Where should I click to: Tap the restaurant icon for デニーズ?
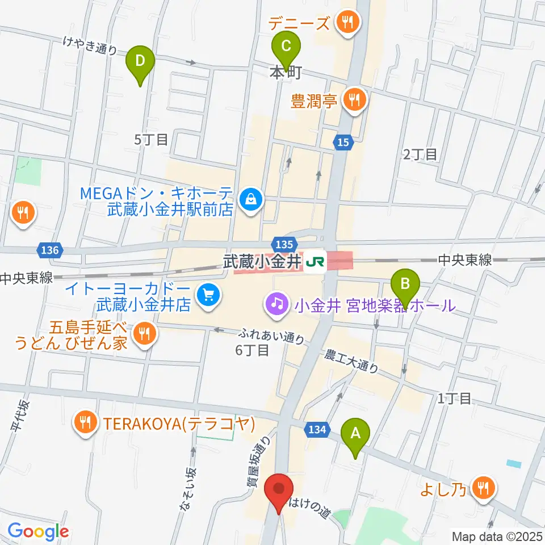coord(346,23)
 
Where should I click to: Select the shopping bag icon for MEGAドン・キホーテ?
coord(249,199)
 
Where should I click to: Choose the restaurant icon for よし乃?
coord(484,487)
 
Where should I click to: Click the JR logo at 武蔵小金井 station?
coord(315,262)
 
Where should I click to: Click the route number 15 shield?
coord(342,143)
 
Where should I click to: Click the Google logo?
coord(38,532)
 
